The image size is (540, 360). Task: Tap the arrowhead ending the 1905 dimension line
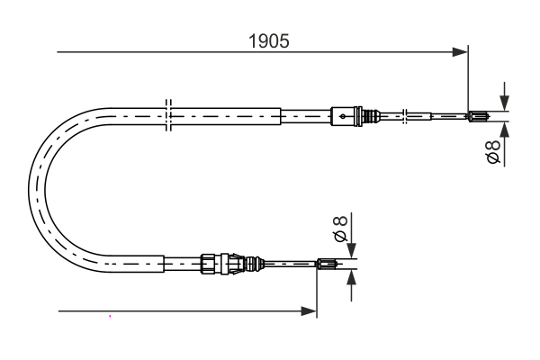click(x=461, y=52)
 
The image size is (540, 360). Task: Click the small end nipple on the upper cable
click(x=478, y=115)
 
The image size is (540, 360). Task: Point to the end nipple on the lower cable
click(x=328, y=264)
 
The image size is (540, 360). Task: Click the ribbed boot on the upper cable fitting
click(x=367, y=115)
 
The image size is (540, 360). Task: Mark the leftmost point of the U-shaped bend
click(x=30, y=185)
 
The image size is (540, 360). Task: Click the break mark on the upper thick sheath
click(x=167, y=116)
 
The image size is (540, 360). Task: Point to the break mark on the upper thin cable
click(x=407, y=115)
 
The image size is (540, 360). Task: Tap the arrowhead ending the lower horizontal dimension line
click(x=310, y=311)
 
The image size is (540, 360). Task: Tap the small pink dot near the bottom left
click(x=110, y=316)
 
